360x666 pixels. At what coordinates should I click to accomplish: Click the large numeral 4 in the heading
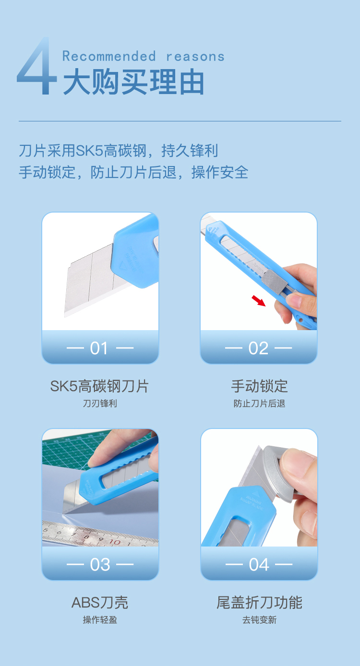point(37,66)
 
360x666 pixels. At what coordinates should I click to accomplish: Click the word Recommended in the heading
point(109,56)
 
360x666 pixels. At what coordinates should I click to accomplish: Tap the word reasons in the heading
point(195,57)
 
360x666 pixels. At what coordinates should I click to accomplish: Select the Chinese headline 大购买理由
point(133,82)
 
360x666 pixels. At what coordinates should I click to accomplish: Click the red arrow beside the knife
point(259,300)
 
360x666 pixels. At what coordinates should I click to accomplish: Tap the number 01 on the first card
point(99,348)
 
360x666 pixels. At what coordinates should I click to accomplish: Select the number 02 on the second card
point(258,348)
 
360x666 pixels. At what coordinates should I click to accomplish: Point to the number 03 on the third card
point(100,565)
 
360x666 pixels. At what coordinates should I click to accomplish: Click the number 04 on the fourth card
point(259,565)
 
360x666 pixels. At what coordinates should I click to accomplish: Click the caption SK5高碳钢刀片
point(99,386)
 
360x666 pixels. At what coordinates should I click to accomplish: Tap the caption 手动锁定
point(259,386)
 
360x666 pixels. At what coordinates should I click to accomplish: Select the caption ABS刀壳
point(100,603)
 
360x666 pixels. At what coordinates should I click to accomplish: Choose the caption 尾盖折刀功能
point(259,603)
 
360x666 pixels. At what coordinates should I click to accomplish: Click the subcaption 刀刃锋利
point(100,404)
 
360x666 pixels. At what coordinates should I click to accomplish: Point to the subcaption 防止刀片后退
point(259,404)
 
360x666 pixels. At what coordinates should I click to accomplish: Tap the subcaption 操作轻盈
point(100,620)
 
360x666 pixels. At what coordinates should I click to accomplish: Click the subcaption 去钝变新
point(259,620)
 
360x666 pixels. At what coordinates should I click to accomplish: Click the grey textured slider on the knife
point(275,282)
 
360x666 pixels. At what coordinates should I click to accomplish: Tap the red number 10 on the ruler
point(115,542)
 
